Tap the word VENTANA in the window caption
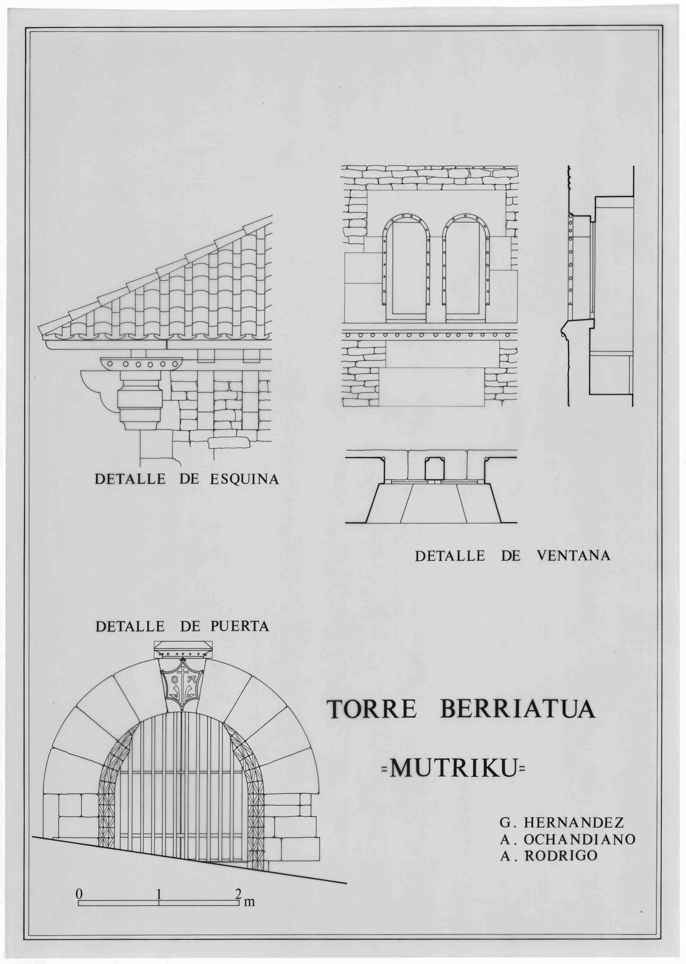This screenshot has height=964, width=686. tap(573, 555)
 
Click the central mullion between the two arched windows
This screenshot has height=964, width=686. tap(436, 279)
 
